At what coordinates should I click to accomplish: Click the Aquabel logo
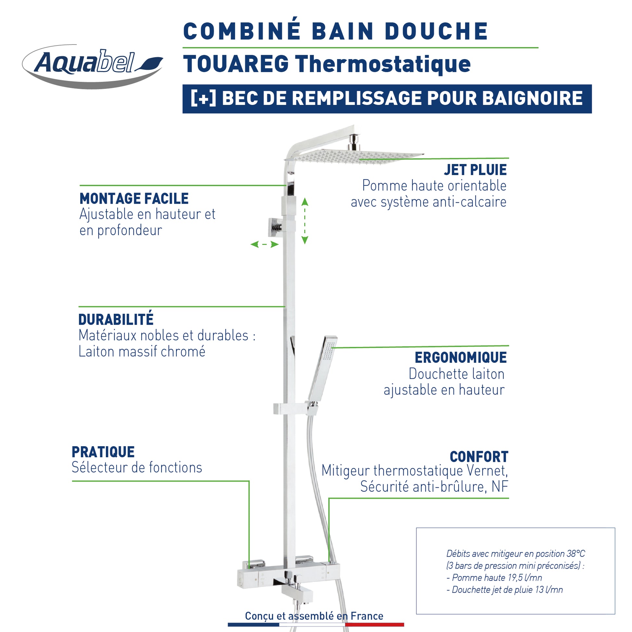93,65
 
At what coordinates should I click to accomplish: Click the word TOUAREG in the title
236,64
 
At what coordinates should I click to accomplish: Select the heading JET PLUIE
475,170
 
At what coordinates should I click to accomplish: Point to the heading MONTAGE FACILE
134,199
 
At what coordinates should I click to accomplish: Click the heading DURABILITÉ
116,320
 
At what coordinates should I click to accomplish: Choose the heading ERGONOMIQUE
461,358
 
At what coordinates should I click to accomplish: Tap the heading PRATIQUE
103,452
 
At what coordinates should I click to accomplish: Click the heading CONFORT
479,457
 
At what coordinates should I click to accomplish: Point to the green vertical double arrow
305,221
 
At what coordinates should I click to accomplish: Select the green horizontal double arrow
264,244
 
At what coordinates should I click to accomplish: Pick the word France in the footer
367,616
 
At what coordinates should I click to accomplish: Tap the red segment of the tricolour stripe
374,625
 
